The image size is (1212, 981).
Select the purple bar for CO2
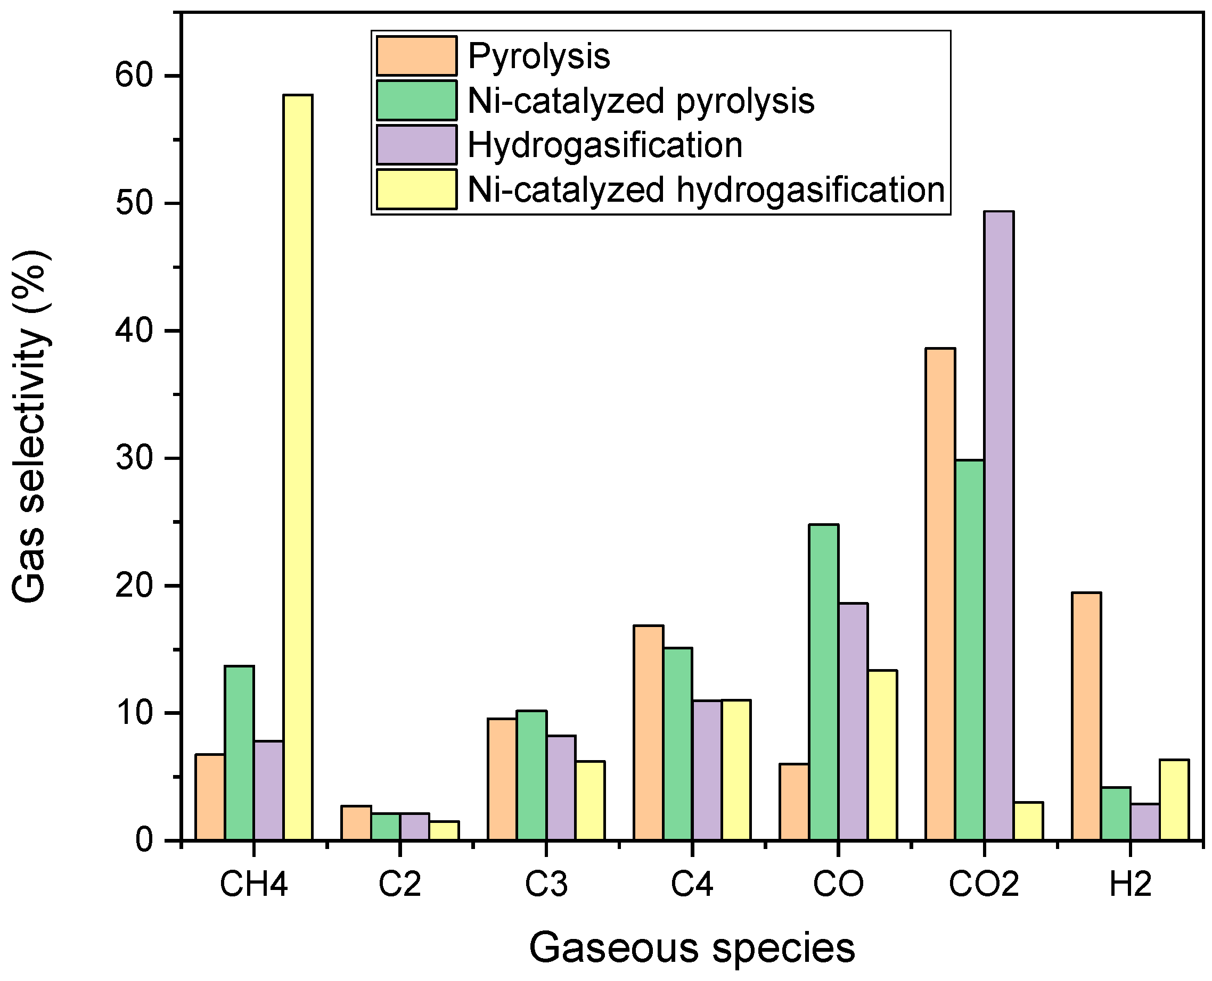pos(998,525)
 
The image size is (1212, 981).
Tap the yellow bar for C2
pos(444,831)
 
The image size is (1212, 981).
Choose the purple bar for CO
pos(853,722)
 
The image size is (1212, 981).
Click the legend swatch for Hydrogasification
pos(416,145)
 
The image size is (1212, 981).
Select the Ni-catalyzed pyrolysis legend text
pos(641,101)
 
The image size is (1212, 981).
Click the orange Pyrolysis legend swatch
pos(416,56)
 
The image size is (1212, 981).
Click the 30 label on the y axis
pos(135,458)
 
